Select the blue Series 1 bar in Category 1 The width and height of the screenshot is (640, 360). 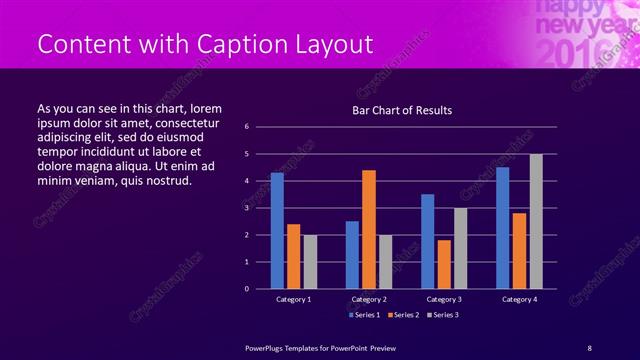pos(277,230)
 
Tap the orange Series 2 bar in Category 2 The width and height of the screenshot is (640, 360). pos(369,229)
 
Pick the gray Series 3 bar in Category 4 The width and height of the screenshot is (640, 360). pos(536,221)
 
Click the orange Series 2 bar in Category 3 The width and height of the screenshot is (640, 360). pos(444,264)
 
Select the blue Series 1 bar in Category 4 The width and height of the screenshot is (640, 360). pos(503,227)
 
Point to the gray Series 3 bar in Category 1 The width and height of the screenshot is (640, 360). pos(310,261)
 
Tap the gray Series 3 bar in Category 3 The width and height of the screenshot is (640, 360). pos(460,248)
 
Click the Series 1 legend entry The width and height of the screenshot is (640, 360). pos(364,315)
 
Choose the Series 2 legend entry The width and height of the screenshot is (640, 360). pos(403,315)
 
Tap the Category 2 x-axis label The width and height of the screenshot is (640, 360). pos(369,299)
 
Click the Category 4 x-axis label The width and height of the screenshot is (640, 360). pos(519,299)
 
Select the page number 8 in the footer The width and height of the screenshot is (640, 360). pos(589,347)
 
